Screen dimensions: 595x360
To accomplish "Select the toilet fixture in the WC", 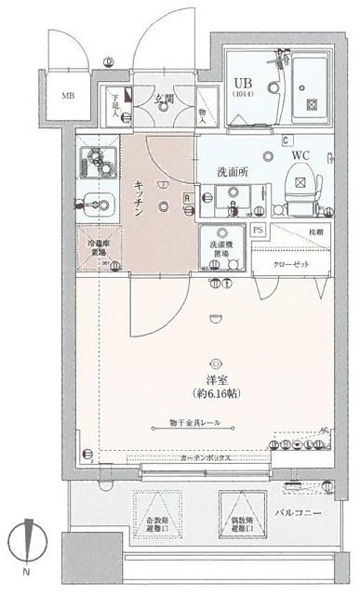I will point(301,179).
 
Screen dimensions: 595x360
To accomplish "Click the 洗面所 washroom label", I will point(231,172).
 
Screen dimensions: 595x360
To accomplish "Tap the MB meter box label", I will point(68,95).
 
